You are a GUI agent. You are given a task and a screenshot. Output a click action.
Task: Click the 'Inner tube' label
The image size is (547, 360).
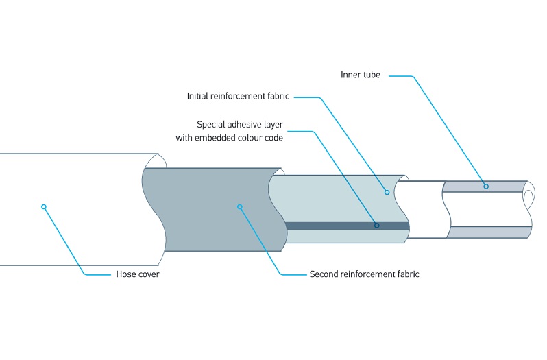click(360, 75)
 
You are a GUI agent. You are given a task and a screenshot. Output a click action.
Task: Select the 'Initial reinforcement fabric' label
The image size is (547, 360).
click(239, 97)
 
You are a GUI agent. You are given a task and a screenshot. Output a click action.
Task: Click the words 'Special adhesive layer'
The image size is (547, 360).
click(239, 125)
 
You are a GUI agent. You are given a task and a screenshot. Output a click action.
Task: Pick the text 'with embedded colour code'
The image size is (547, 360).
click(229, 137)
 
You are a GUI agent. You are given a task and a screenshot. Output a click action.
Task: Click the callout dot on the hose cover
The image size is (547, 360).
click(44, 206)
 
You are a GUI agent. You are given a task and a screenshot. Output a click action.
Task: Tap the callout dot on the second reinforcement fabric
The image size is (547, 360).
click(240, 206)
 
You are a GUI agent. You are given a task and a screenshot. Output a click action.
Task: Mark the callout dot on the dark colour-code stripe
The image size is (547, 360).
click(376, 225)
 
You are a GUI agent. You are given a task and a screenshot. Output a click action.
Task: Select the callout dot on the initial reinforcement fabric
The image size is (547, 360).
click(387, 192)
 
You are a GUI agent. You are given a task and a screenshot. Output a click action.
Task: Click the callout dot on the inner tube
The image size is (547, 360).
click(486, 187)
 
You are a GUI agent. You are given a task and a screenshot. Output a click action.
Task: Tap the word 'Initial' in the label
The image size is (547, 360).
click(198, 97)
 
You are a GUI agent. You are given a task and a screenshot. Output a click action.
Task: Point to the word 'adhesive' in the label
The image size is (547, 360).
click(241, 125)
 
